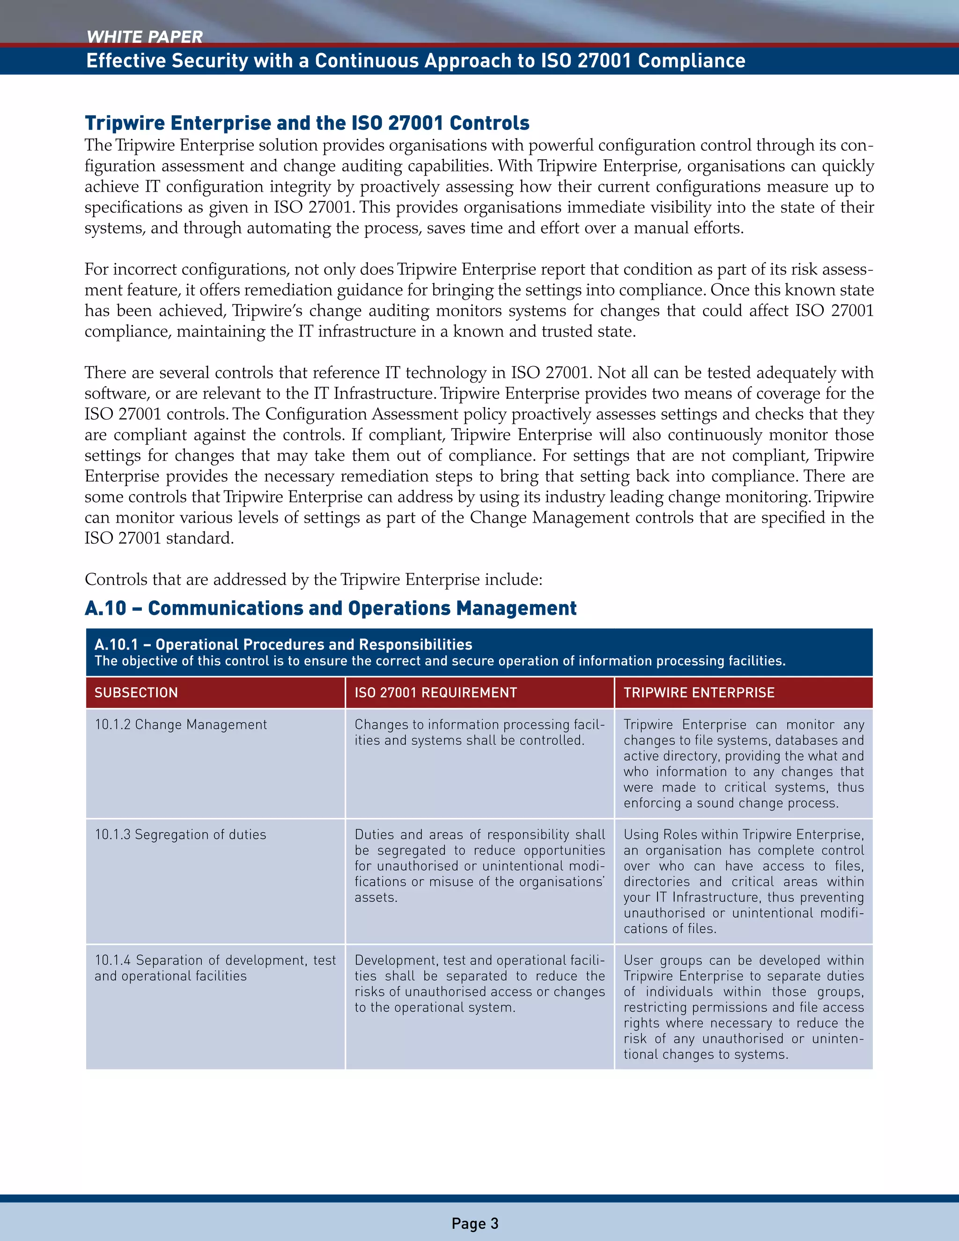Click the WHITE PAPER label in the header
[144, 37]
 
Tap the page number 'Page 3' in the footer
[475, 1223]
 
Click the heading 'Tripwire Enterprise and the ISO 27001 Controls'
[307, 123]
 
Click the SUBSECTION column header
[136, 692]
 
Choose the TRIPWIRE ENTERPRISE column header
[699, 692]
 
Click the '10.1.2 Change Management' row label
[180, 724]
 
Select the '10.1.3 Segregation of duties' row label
[180, 834]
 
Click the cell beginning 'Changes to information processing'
[479, 732]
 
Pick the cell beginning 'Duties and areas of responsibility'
[479, 865]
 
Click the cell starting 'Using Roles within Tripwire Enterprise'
[743, 881]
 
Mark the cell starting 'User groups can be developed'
[743, 1007]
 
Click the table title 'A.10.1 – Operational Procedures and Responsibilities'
[283, 644]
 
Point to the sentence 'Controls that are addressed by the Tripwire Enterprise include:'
[314, 580]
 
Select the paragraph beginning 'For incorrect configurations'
[479, 300]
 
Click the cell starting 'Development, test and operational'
[479, 983]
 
